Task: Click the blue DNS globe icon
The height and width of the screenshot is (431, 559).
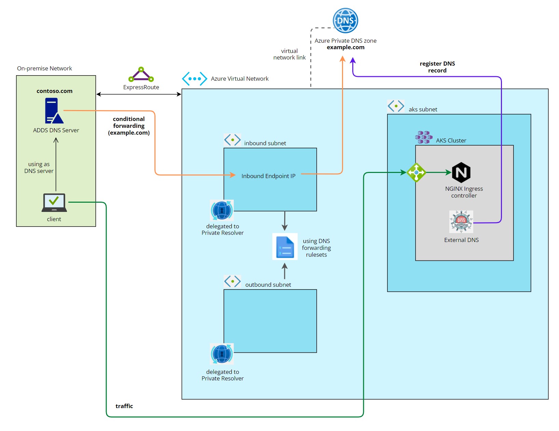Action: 345,21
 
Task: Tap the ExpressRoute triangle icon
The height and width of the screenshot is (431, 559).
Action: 141,75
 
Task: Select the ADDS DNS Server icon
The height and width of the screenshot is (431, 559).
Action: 54,111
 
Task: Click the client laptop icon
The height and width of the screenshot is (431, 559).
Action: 54,203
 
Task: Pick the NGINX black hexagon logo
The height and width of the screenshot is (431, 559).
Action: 461,173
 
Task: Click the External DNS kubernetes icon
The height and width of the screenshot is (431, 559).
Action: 461,222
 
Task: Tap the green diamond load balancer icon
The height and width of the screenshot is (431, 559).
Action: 416,173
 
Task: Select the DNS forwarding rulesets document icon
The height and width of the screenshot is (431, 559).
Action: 285,247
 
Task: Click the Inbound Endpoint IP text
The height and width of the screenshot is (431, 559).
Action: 268,176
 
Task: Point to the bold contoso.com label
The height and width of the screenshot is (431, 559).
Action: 54,91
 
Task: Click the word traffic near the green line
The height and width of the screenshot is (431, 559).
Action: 124,406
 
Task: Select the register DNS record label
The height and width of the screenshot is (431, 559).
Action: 437,67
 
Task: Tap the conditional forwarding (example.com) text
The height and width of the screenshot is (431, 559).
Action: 129,126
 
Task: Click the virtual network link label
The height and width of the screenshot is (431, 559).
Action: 289,54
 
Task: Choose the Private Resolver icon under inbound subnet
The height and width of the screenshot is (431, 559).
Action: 222,210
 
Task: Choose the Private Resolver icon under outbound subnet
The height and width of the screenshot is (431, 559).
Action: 222,354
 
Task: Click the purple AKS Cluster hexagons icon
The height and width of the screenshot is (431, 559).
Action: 424,137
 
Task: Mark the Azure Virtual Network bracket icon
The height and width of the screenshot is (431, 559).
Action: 194,79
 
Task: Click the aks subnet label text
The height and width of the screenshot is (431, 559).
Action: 423,109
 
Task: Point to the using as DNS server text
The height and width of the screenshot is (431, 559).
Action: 39,167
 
